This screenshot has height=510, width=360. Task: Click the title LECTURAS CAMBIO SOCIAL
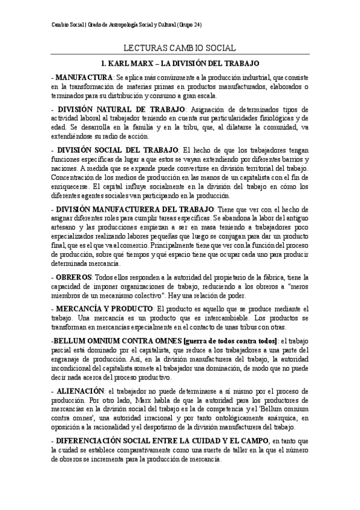click(180, 48)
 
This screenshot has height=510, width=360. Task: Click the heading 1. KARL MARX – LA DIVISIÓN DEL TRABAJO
click(180, 62)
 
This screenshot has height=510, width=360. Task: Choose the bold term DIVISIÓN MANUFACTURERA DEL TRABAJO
click(132, 207)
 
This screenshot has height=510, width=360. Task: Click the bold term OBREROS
click(73, 276)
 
